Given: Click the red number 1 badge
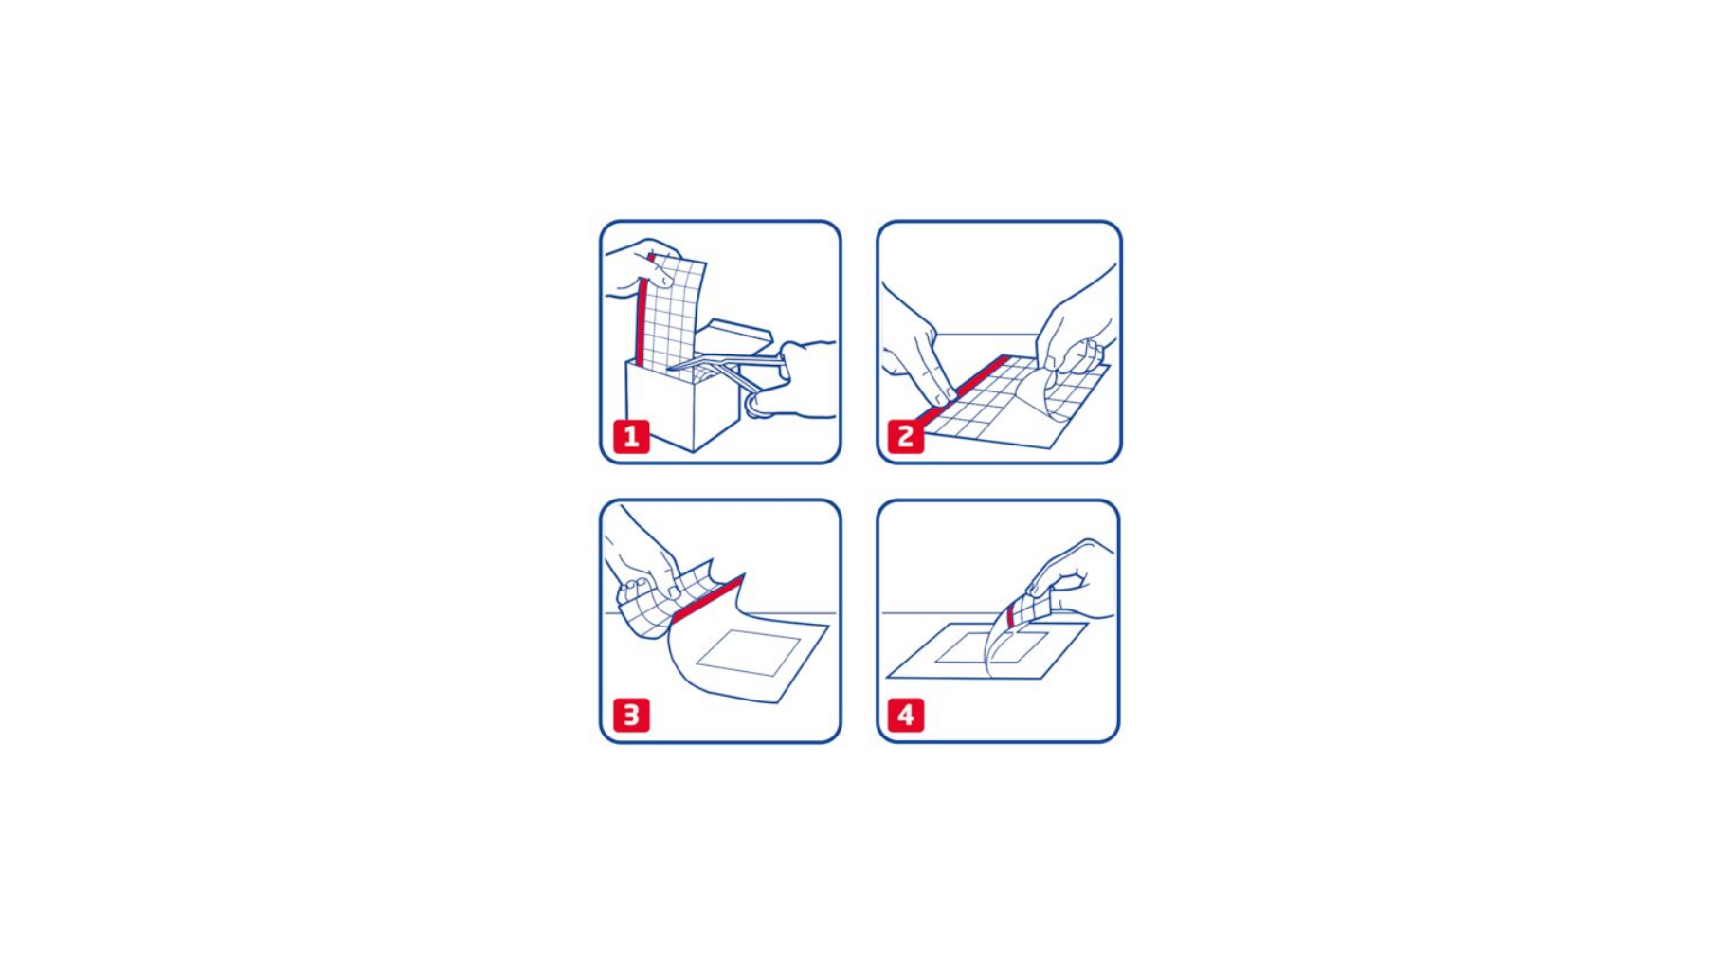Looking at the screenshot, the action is pyautogui.click(x=631, y=437).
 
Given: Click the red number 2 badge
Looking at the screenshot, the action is pyautogui.click(x=906, y=437).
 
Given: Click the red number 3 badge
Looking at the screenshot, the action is pyautogui.click(x=631, y=715).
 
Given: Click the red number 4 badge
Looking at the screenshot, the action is pyautogui.click(x=906, y=715).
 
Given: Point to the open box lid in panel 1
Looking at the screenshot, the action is pyautogui.click(x=734, y=337).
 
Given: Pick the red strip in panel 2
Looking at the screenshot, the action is pyautogui.click(x=961, y=390).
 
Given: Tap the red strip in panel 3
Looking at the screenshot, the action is pyautogui.click(x=708, y=598).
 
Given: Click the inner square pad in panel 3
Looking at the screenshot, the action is pyautogui.click(x=749, y=653).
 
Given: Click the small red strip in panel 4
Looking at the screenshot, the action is pyautogui.click(x=1012, y=612).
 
